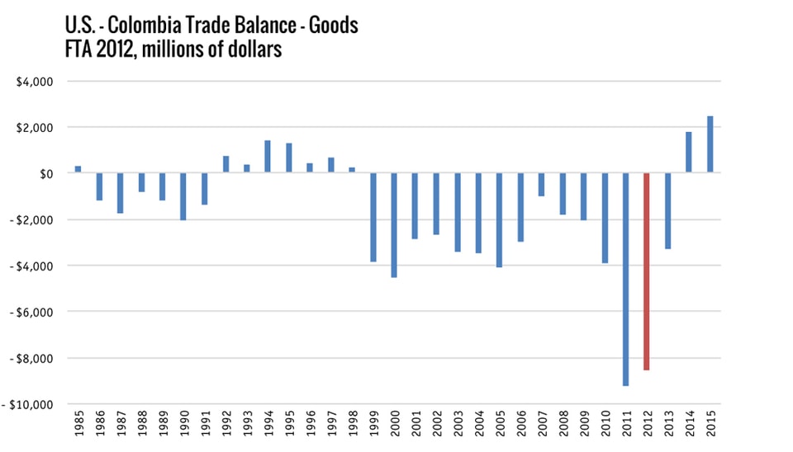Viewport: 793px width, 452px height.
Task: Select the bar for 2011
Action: point(625,280)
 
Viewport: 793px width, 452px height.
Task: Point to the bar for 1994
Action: point(268,157)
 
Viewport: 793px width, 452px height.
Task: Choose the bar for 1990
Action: point(183,196)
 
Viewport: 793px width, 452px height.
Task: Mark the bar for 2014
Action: point(688,153)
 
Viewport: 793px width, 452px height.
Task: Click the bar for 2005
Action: point(500,220)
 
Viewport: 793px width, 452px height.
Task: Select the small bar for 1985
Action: point(78,169)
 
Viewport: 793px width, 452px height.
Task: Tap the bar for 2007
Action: point(541,185)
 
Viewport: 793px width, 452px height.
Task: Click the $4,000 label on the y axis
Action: point(34,82)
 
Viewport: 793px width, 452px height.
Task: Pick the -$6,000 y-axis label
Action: point(31,313)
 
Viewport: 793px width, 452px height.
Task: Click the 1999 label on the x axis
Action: point(373,430)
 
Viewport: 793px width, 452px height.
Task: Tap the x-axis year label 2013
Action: point(668,430)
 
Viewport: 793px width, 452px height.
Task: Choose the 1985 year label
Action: point(78,430)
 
